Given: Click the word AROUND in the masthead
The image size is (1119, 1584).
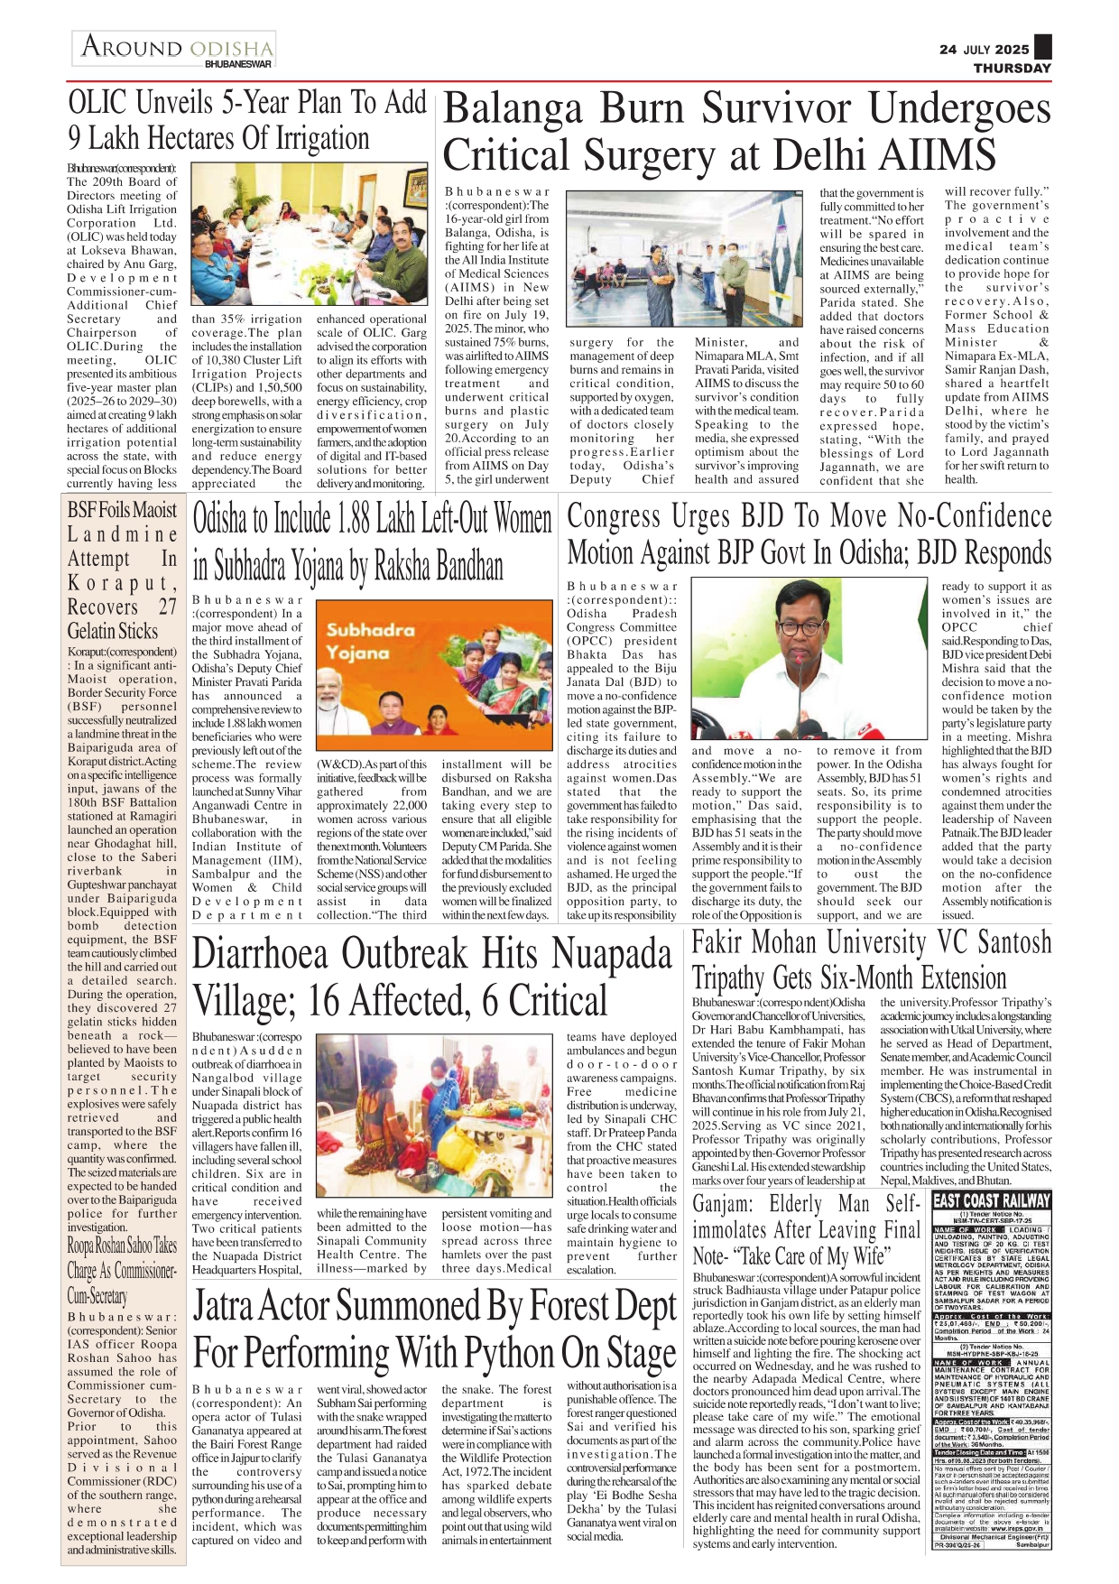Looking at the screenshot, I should click(x=132, y=47).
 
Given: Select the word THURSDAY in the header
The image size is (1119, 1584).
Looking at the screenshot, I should click(x=1012, y=68).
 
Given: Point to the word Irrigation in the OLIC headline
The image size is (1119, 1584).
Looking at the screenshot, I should click(x=307, y=138).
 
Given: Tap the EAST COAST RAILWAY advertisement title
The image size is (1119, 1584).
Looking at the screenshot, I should click(x=992, y=1200).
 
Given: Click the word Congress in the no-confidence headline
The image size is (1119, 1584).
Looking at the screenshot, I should click(x=615, y=517).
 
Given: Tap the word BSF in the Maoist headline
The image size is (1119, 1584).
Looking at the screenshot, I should click(x=81, y=510).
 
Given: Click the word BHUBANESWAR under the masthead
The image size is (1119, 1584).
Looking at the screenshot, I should click(x=237, y=65).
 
